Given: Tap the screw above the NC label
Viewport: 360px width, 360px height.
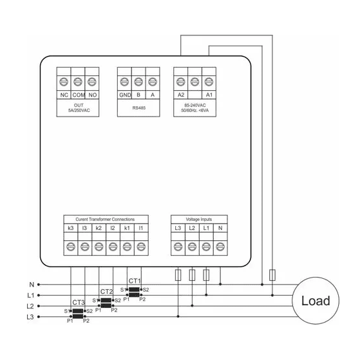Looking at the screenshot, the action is coord(64,82).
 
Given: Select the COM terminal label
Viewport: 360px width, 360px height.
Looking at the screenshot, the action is coord(79,95).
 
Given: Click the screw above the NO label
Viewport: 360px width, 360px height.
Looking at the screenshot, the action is coord(92,82).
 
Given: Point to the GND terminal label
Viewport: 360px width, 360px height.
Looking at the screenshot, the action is coord(125,95).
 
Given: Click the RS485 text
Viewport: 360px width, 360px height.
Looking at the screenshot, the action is coord(139,108).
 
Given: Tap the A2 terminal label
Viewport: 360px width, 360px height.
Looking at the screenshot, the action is coord(181,95).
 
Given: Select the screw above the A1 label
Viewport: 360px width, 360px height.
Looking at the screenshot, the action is coord(209,82).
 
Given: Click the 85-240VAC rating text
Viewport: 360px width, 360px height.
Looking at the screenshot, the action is coord(195,105).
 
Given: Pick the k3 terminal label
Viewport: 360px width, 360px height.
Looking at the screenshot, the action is coord(71,228).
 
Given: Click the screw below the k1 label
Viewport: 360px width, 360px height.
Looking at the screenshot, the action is coord(127,247).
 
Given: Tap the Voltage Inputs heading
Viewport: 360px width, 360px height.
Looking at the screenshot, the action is coord(199,219).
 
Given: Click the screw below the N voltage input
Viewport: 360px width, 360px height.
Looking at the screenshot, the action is coord(220,247).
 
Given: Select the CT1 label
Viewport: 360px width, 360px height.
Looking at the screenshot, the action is coord(135,281).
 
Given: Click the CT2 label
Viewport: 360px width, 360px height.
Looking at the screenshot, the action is coord(106,292).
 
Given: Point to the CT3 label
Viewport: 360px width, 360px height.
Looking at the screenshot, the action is coord(79,303).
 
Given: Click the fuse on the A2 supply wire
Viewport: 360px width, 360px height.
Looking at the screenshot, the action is coord(272,275).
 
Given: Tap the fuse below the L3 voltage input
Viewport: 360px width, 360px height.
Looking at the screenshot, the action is coord(178,275).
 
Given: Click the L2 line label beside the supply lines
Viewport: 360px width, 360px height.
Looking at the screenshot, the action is coord(30,306).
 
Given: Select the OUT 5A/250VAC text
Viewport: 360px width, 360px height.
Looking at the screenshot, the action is coord(79,108).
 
